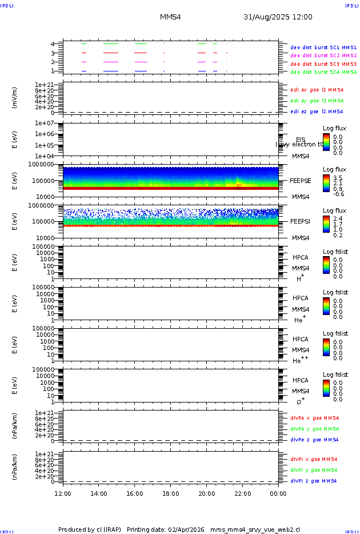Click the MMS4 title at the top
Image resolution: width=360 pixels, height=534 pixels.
click(x=170, y=17)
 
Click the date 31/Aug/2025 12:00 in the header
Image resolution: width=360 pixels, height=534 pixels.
click(x=278, y=17)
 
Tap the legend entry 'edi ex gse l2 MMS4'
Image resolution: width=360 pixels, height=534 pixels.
click(x=317, y=90)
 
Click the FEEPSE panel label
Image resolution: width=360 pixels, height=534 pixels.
click(x=300, y=180)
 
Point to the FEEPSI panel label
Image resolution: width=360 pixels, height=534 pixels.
click(x=300, y=221)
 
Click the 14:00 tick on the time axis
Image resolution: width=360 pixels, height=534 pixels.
click(x=99, y=493)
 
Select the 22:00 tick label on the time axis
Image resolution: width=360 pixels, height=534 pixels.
click(x=243, y=493)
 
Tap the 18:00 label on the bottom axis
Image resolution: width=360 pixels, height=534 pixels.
click(x=171, y=493)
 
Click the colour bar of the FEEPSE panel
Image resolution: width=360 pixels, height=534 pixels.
click(x=326, y=182)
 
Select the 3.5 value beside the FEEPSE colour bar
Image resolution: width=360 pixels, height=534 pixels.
click(x=338, y=178)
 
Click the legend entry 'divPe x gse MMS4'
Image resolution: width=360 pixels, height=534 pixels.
click(x=315, y=418)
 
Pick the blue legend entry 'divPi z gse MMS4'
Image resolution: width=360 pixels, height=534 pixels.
click(x=314, y=481)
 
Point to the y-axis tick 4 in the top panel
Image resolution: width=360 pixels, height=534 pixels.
click(x=53, y=44)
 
